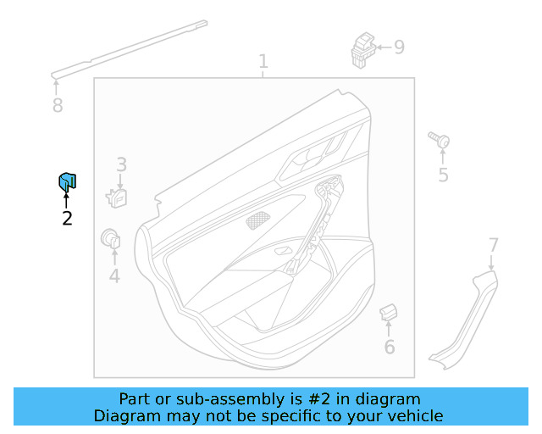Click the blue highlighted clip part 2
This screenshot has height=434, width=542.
pyautogui.click(x=67, y=181)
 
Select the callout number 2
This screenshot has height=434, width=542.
pyautogui.click(x=67, y=219)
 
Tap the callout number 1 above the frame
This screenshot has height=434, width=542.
pyautogui.click(x=263, y=61)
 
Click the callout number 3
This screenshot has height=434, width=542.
pyautogui.click(x=121, y=164)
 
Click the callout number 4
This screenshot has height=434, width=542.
pyautogui.click(x=114, y=275)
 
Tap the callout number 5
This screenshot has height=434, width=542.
pyautogui.click(x=443, y=175)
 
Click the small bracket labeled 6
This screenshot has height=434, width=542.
pyautogui.click(x=389, y=312)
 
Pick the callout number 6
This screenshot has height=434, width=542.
pyautogui.click(x=389, y=348)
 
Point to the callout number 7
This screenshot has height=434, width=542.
pyautogui.click(x=494, y=245)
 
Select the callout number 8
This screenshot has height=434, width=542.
pyautogui.click(x=57, y=106)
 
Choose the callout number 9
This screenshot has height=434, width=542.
pyautogui.click(x=399, y=47)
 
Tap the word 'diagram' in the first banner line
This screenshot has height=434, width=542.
pyautogui.click(x=390, y=398)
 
